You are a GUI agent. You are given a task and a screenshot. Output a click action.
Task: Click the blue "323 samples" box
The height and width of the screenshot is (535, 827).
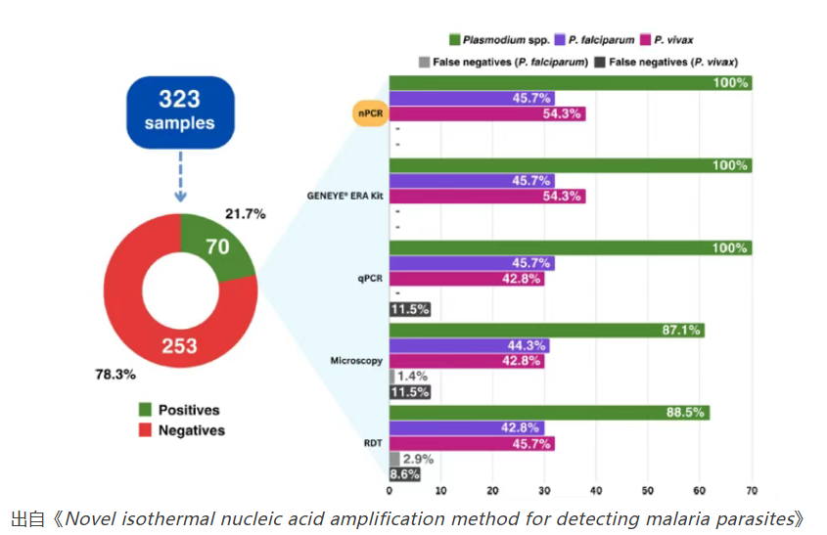coord(180,110)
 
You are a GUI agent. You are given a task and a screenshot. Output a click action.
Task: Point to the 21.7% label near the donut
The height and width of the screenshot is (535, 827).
coord(245,213)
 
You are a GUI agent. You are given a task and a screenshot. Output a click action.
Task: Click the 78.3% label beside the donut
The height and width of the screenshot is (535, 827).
coord(115,375)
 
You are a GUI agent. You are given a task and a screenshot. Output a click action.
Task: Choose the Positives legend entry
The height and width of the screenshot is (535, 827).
coord(181,410)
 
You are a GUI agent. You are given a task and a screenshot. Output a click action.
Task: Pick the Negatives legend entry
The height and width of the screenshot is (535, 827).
coord(183,430)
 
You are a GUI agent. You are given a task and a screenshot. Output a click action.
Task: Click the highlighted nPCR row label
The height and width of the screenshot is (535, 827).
coord(369,113)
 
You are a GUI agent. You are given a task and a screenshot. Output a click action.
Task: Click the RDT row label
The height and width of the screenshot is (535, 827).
coord(372,443)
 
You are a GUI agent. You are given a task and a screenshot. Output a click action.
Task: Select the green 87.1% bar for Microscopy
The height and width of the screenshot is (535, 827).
coord(545,331)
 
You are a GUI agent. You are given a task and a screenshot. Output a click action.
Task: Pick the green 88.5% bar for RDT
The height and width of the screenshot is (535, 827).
coord(548,413)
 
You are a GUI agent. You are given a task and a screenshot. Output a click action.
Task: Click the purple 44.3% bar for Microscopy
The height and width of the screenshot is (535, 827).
coord(469,345)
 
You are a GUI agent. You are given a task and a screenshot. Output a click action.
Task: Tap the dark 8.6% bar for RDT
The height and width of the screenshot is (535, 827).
coord(405,474)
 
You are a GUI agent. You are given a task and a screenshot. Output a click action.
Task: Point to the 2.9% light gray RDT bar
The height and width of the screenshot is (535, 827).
coord(394,459)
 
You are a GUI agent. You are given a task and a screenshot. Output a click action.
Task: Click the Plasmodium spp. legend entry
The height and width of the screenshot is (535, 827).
coord(494,39)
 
